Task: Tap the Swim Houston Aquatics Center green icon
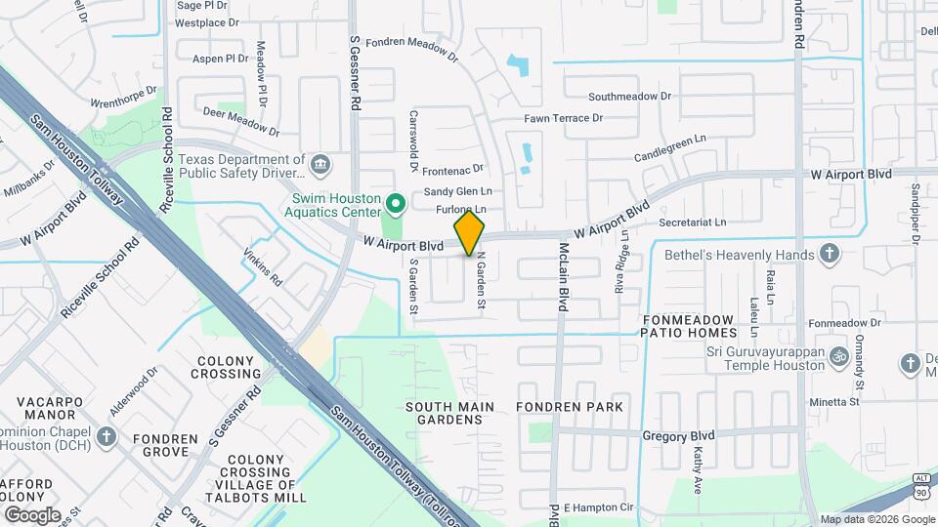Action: tap(395, 205)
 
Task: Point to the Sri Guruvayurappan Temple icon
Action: tap(837, 358)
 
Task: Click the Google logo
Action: tap(31, 514)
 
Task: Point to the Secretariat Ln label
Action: tap(692, 223)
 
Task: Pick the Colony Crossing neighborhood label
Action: tap(226, 367)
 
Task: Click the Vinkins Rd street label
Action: tap(263, 266)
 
